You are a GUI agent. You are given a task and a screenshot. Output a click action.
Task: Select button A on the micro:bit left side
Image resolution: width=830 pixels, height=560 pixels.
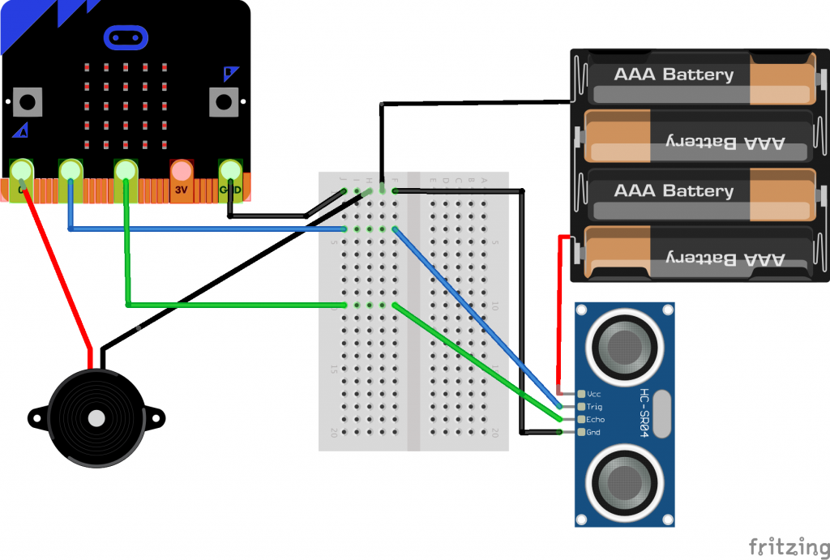tap(28, 102)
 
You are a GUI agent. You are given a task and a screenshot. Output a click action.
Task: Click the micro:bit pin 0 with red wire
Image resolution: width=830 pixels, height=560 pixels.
tap(20, 173)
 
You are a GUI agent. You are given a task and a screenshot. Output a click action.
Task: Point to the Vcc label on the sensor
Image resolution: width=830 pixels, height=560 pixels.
tap(594, 394)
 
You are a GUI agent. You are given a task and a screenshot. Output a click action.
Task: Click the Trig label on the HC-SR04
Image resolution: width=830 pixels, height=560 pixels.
tap(594, 407)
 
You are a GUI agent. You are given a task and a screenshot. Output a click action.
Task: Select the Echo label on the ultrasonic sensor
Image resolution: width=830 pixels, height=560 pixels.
tap(596, 420)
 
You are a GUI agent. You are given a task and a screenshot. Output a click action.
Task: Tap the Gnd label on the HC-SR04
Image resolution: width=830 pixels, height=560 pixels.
tap(593, 433)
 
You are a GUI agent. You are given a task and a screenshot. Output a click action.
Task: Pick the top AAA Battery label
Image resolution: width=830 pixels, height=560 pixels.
tap(674, 75)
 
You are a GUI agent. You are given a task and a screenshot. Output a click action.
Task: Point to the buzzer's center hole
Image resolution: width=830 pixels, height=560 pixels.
tap(96, 418)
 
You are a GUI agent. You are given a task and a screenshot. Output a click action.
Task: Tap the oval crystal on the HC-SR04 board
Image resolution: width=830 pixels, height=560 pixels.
tap(664, 413)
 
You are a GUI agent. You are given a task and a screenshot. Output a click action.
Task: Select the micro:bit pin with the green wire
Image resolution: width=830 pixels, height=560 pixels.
tap(126, 173)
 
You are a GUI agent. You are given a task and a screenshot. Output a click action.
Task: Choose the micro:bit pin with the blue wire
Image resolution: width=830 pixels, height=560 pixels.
tap(71, 173)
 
